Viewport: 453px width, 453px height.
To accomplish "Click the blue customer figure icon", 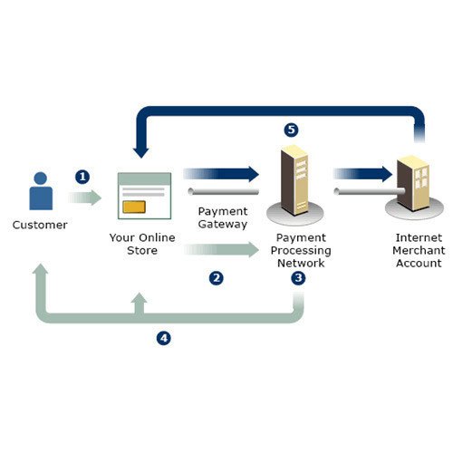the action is point(41,191).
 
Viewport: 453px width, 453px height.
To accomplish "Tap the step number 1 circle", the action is point(82,177).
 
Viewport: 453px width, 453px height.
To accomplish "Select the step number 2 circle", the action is point(217,278).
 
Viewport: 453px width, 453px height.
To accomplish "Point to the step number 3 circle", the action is point(298,278).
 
